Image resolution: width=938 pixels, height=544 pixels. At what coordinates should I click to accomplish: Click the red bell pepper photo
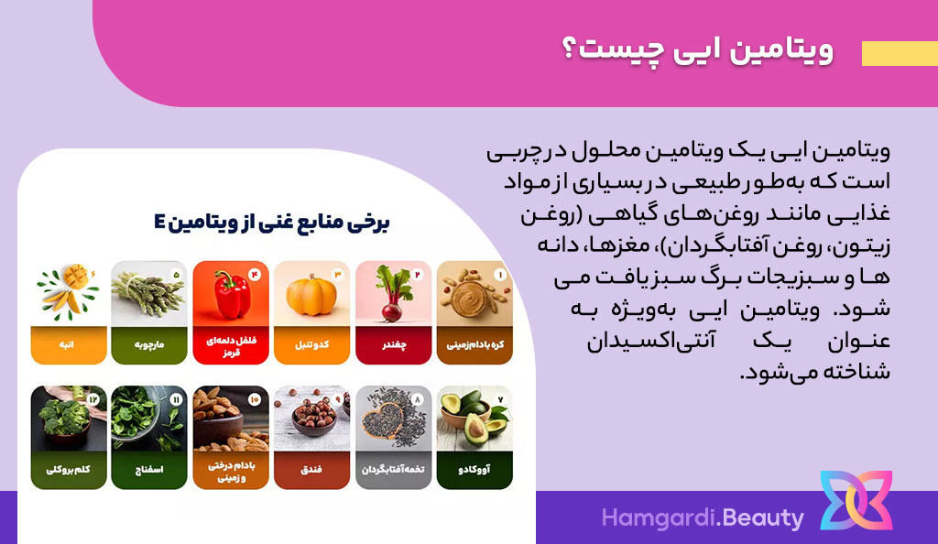click(x=231, y=293)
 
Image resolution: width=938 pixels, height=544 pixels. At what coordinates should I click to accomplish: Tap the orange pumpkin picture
click(x=311, y=293)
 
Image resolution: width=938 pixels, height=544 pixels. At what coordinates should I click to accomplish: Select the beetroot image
click(x=393, y=293)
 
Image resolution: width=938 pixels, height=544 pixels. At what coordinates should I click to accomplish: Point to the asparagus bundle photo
click(x=149, y=293)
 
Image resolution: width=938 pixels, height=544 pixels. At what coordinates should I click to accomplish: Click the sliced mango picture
click(x=68, y=293)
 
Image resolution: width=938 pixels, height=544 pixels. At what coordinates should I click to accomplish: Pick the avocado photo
click(x=474, y=419)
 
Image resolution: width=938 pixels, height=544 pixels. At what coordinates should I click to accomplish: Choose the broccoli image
click(x=68, y=419)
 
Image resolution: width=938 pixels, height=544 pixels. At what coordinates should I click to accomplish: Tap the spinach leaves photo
click(x=149, y=419)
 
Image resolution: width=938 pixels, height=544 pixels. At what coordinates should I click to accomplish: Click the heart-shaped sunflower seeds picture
click(x=393, y=419)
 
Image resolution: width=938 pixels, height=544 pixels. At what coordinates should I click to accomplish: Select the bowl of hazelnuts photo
click(x=311, y=419)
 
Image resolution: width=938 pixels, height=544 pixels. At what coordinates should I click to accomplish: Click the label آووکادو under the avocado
click(x=474, y=469)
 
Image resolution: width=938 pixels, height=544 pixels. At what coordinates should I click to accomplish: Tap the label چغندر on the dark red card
click(x=394, y=345)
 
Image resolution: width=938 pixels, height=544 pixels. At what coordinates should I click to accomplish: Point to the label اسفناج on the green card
click(x=149, y=469)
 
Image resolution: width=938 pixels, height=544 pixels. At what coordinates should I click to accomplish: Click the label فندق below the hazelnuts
click(x=311, y=469)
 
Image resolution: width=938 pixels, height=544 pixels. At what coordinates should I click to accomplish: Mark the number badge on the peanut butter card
click(x=499, y=275)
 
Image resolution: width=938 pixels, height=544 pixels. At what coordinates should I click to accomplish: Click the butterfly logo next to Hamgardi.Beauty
click(x=856, y=500)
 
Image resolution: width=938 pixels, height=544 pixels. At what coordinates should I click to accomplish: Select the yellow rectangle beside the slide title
click(x=900, y=53)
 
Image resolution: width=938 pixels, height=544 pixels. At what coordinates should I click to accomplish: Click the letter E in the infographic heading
click(x=159, y=223)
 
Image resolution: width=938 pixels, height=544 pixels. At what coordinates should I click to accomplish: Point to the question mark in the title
click(x=569, y=50)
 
